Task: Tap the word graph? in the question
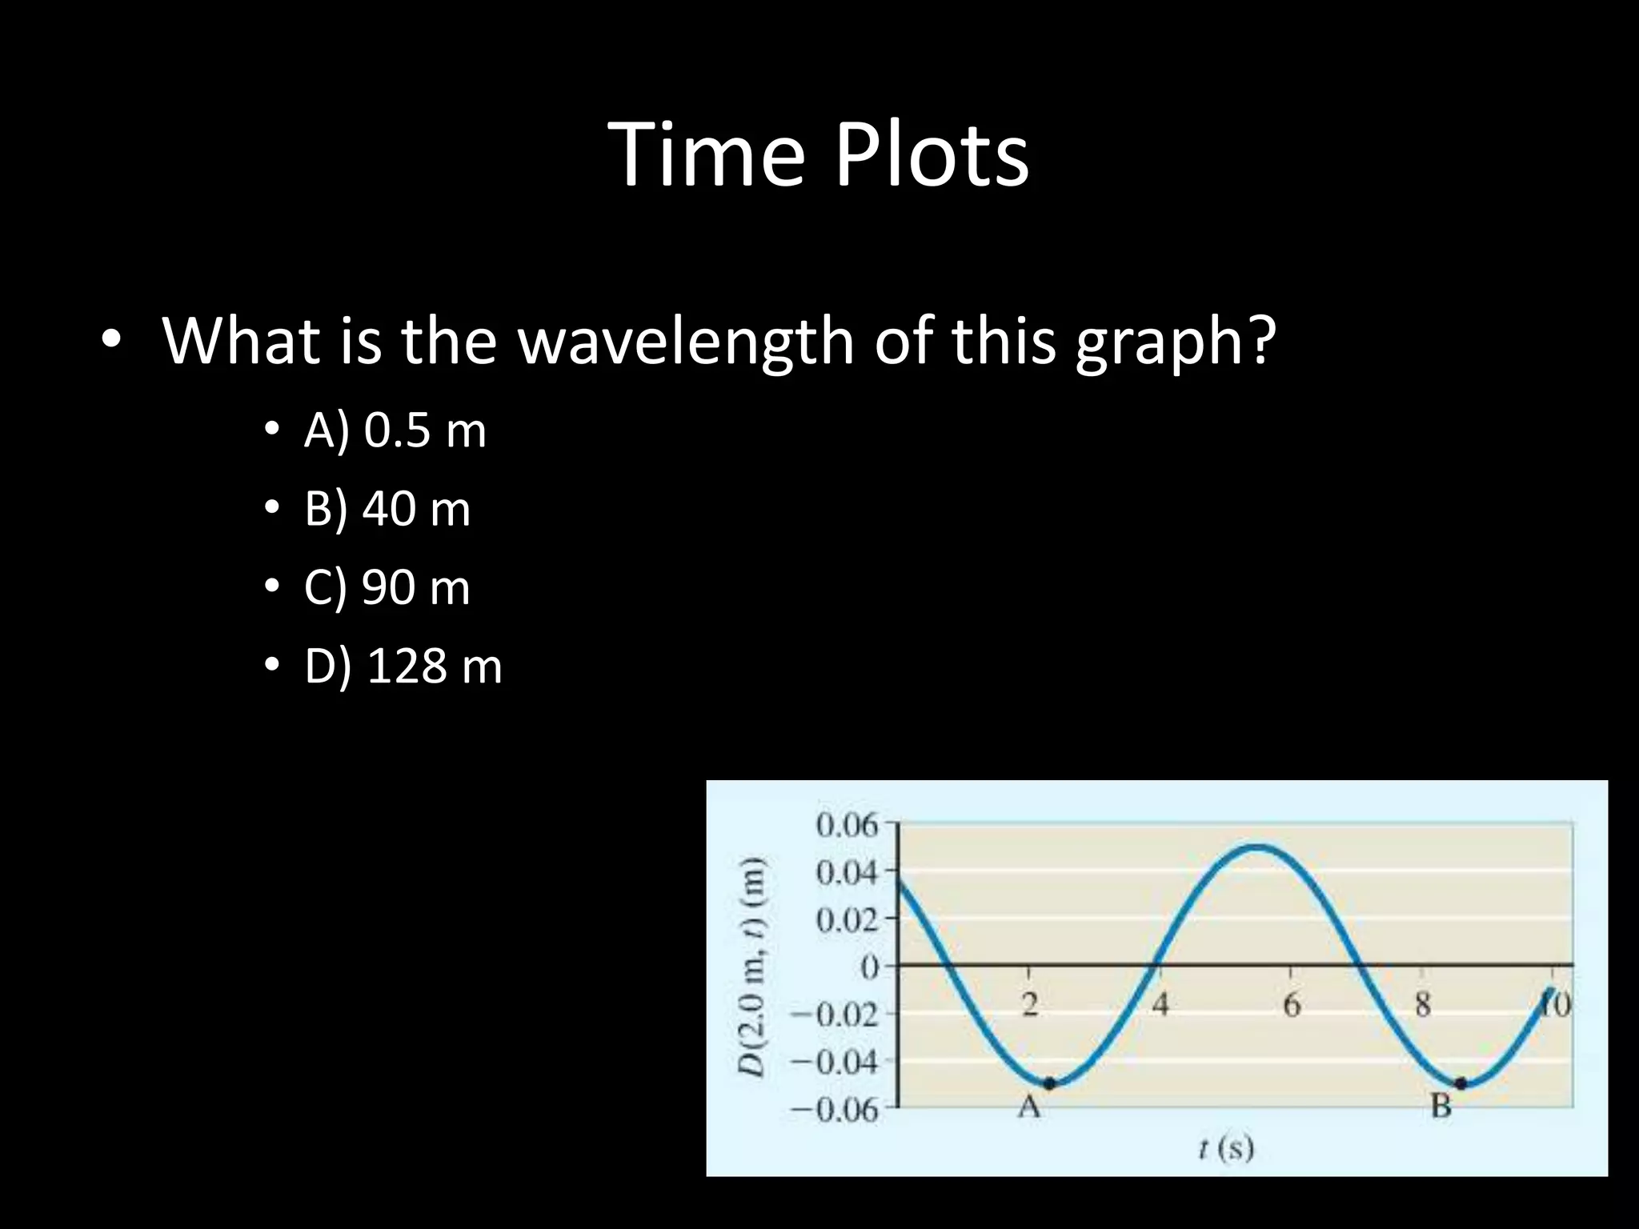point(1174,342)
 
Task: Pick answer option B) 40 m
point(387,509)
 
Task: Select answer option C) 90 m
point(387,587)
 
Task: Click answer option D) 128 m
point(403,666)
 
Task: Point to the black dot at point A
point(1050,1083)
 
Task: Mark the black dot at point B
point(1461,1083)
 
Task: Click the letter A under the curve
point(1029,1107)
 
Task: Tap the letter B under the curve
point(1441,1107)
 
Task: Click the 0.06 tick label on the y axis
point(847,824)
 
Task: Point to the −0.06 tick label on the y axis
point(835,1111)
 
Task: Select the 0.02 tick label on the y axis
point(847,920)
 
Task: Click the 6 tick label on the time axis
point(1292,1005)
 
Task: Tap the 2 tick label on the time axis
point(1030,1005)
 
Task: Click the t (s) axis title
point(1226,1149)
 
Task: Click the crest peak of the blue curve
point(1258,846)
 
